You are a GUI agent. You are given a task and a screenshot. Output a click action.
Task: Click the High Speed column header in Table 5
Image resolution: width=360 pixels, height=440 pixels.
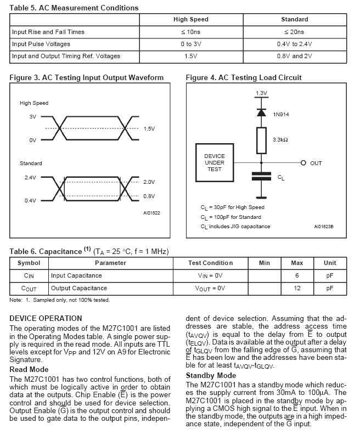[x=190, y=19]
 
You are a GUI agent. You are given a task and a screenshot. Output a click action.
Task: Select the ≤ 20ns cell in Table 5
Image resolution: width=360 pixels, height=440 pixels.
[x=294, y=32]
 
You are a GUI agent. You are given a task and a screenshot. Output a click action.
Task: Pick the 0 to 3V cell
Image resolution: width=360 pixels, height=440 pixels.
[x=190, y=44]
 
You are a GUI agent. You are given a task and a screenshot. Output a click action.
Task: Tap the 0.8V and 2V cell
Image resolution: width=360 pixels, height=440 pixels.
[x=294, y=56]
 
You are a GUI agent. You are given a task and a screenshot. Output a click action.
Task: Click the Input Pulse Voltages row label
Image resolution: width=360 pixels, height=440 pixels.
[x=41, y=44]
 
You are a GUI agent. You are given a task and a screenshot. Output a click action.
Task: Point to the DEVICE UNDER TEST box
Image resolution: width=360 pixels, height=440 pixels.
[x=215, y=163]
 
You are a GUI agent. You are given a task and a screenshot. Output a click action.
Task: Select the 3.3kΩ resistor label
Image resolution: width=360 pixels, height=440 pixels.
[x=280, y=140]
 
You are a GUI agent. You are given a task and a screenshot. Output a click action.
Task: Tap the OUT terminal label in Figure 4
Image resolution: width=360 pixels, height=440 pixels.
[x=316, y=163]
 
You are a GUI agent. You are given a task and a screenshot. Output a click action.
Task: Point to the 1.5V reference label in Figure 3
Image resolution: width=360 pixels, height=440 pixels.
[x=149, y=128]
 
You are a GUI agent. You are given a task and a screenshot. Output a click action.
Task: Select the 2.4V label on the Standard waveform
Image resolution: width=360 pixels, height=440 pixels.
[x=30, y=177]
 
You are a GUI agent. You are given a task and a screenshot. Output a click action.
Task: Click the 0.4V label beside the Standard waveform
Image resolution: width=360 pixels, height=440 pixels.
[x=30, y=200]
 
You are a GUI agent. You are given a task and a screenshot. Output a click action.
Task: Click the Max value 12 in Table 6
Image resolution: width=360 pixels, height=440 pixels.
[x=297, y=288]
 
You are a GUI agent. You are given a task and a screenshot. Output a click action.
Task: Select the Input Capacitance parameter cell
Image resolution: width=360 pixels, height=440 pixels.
[x=76, y=275]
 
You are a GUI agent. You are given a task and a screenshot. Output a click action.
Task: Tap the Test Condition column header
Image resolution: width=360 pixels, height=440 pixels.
[x=210, y=263]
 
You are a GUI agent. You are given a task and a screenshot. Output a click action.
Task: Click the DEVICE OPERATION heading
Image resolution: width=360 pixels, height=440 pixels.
[x=46, y=318]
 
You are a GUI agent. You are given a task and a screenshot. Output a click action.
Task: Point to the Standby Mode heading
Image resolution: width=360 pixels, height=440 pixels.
[x=211, y=375]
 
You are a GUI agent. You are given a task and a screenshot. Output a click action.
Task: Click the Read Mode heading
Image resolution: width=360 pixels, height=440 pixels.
[x=29, y=369]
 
